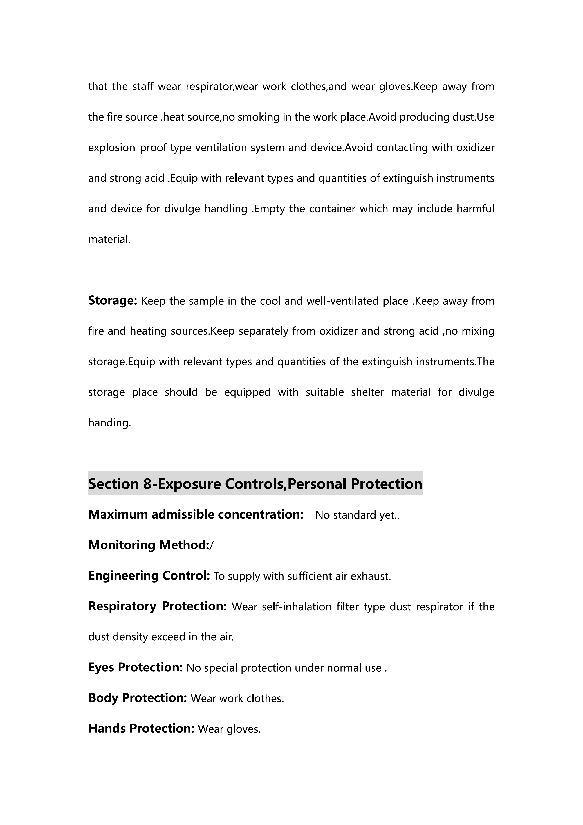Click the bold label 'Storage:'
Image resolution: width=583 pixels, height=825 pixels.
point(112,300)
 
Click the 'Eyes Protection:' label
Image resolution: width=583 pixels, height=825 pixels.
point(135,667)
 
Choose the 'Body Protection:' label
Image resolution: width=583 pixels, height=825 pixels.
point(138,698)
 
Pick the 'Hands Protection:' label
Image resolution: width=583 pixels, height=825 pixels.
point(141,728)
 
